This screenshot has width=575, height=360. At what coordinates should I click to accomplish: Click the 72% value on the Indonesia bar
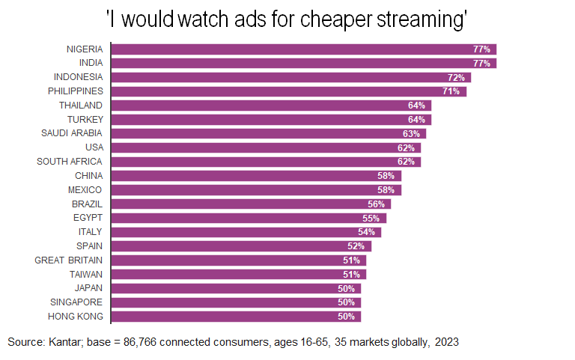click(x=457, y=77)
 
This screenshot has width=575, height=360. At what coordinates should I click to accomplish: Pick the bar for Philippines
click(x=288, y=91)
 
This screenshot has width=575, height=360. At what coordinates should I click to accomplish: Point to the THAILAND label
click(x=82, y=106)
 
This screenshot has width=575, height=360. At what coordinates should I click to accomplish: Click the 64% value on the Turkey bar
click(x=417, y=120)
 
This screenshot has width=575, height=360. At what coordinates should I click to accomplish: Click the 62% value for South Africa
click(x=407, y=162)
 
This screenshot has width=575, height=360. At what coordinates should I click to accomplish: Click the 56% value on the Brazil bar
click(x=377, y=204)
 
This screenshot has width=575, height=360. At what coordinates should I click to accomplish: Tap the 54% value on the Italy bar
click(x=367, y=232)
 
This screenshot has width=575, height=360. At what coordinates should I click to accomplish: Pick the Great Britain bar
click(x=239, y=260)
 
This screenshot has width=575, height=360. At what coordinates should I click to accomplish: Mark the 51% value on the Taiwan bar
click(x=352, y=274)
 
